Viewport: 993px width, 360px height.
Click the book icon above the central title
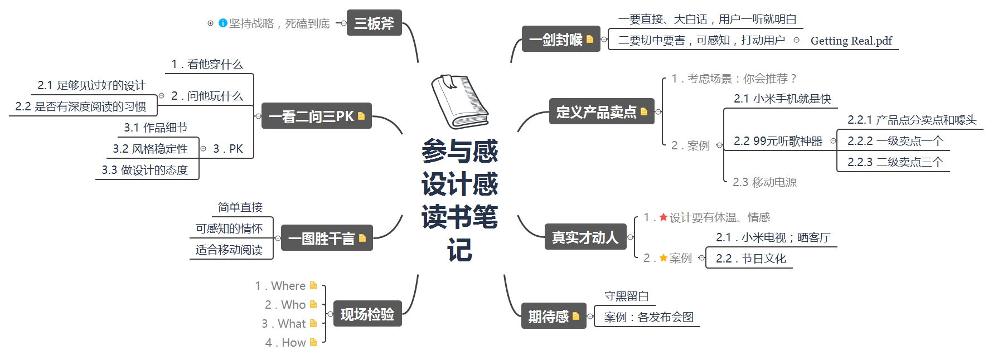click(460, 101)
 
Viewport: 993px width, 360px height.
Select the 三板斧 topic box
click(374, 23)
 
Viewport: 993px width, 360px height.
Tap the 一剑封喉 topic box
click(560, 39)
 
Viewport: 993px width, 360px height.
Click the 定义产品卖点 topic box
click(601, 111)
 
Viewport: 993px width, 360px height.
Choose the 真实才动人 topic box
click(585, 237)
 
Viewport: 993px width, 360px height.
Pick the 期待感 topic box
click(553, 316)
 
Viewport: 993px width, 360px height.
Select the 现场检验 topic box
click(367, 314)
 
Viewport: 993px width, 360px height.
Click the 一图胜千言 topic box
click(326, 238)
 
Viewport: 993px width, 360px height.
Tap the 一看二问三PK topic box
click(316, 116)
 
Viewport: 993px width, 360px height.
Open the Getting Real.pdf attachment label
click(851, 41)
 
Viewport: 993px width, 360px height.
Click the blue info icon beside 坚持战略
click(223, 23)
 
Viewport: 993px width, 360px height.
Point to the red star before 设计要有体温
click(663, 217)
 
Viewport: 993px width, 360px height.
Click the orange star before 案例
click(663, 257)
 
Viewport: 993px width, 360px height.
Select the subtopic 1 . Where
click(280, 285)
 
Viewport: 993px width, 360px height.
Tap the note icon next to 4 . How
click(313, 342)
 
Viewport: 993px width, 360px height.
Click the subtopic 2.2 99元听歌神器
click(778, 141)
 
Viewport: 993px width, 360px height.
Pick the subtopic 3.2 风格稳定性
click(151, 148)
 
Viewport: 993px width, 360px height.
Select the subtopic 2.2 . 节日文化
click(750, 258)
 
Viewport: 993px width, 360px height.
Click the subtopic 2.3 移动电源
click(764, 182)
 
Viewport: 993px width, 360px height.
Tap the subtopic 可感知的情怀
click(229, 228)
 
